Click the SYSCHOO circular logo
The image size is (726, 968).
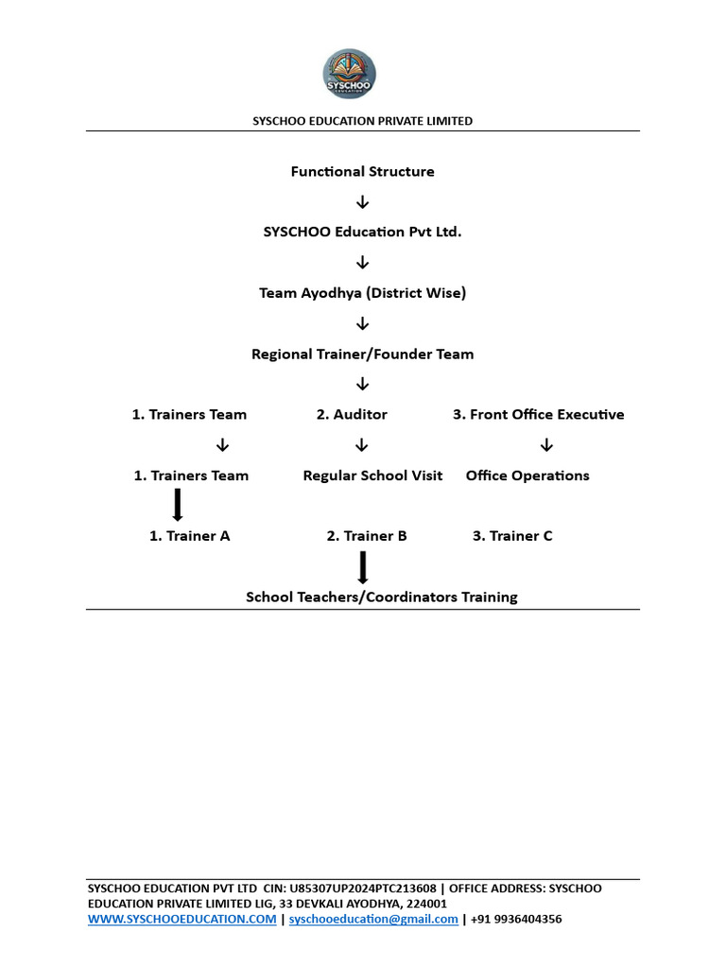(x=349, y=74)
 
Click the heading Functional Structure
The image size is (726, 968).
(x=362, y=172)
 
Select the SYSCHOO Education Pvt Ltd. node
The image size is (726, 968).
(x=362, y=233)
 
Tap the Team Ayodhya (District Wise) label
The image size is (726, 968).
(x=362, y=293)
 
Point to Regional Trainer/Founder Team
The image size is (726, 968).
(x=362, y=354)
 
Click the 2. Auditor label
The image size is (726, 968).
(x=352, y=414)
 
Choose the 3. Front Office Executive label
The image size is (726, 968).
(x=538, y=414)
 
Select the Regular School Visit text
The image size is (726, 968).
(x=372, y=475)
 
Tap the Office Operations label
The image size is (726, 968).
(x=527, y=475)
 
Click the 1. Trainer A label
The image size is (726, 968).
(x=189, y=536)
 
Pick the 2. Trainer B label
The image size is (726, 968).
(x=367, y=536)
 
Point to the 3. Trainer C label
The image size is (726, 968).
(x=512, y=536)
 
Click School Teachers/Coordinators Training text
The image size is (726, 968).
(x=382, y=597)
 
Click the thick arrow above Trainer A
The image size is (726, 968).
(x=178, y=505)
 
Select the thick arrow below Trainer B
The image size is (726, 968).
(x=363, y=567)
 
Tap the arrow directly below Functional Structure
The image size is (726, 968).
(x=362, y=202)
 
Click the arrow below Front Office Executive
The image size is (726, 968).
(x=546, y=445)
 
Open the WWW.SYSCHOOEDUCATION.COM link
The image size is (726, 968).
(x=182, y=919)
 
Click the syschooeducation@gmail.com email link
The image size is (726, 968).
(x=373, y=919)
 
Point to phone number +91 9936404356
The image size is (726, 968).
(x=516, y=919)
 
